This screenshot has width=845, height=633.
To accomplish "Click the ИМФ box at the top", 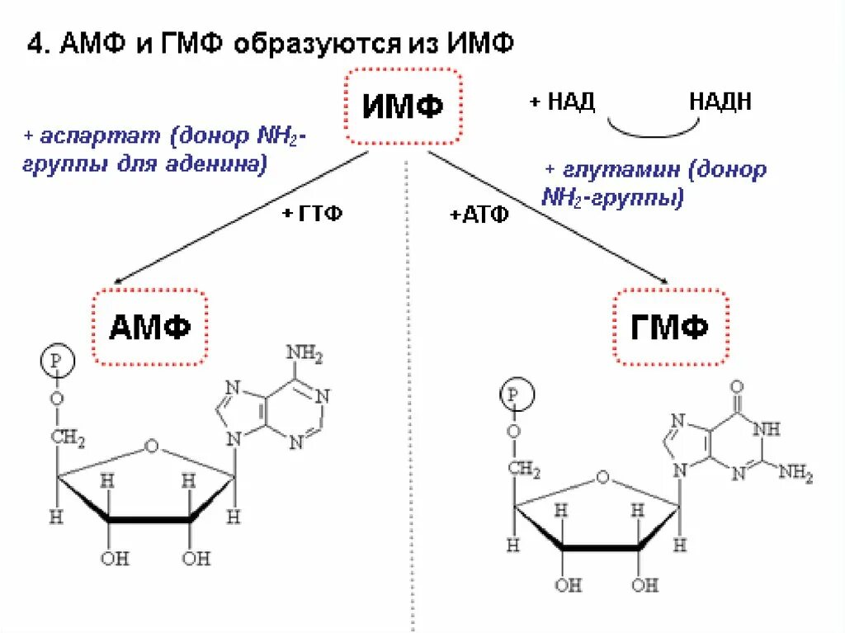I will coord(402,106).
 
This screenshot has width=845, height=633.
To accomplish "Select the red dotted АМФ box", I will coord(150,327).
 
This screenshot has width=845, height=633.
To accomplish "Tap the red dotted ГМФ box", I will coord(670,327).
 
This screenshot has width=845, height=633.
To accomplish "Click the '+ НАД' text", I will coord(562,102).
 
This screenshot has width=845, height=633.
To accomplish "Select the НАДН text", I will coord(720,102).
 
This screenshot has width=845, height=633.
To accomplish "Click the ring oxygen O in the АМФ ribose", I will coord(150,446).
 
